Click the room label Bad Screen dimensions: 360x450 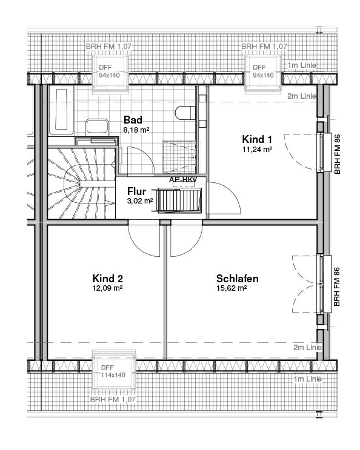(133, 120)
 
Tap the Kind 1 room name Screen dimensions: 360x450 (257, 139)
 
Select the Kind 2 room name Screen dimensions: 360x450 (108, 279)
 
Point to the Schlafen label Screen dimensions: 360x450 (238, 279)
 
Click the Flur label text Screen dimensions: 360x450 (136, 191)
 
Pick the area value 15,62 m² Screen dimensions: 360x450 (232, 288)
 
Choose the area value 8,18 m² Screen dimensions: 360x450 (136, 130)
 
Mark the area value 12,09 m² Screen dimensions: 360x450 (107, 288)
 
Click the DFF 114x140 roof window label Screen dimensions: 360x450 (113, 371)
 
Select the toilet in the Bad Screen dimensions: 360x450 (185, 113)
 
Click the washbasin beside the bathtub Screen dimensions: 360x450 (97, 127)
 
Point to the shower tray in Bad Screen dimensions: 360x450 (179, 157)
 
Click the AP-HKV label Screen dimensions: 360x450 (183, 180)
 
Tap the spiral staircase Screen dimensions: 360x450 (81, 183)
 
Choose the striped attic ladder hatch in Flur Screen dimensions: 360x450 (176, 200)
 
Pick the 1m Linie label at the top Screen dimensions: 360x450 (302, 65)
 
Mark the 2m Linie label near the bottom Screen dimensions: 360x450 (307, 348)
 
